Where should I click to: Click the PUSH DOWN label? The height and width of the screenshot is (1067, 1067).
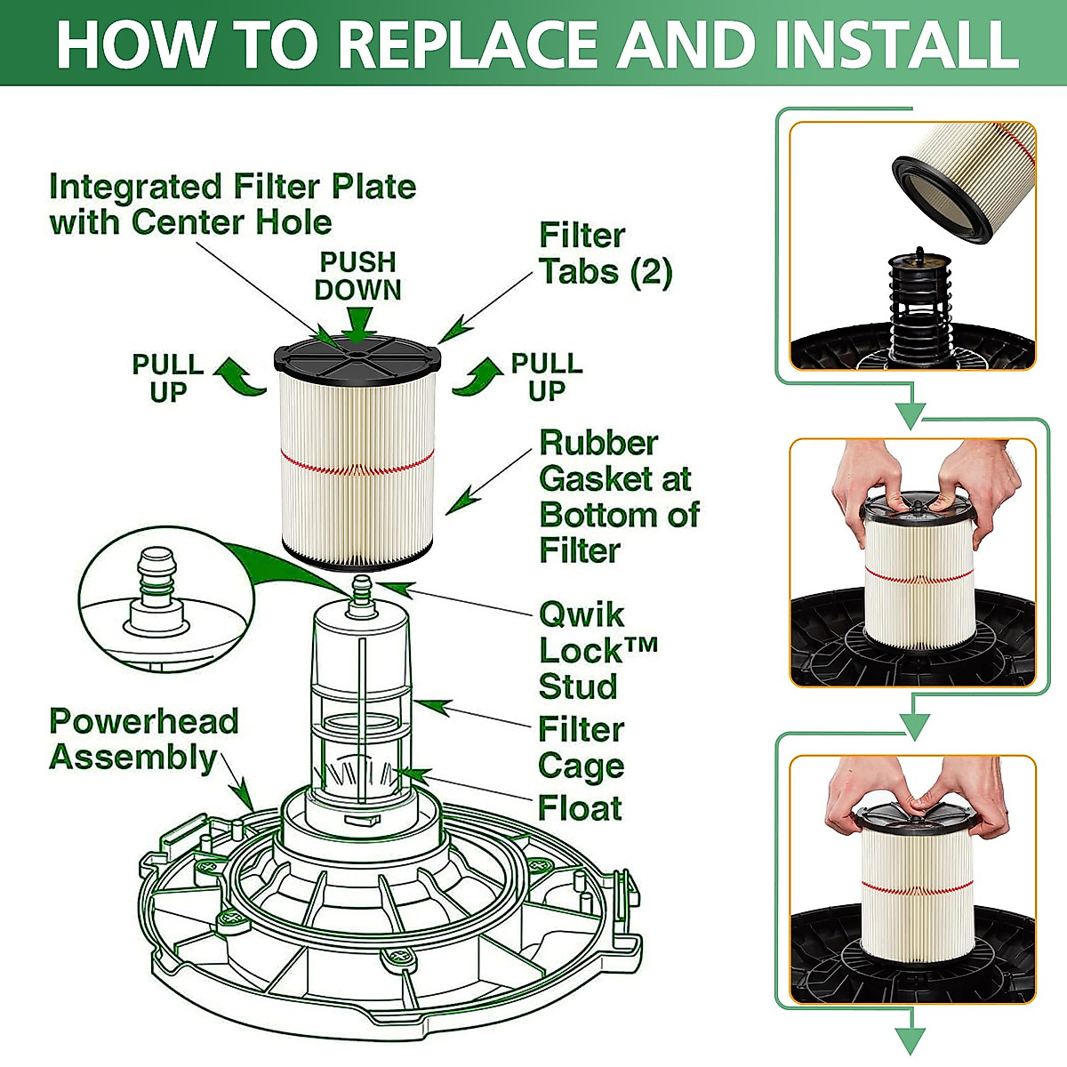(357, 276)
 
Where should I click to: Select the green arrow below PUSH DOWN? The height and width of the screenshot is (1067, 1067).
(357, 322)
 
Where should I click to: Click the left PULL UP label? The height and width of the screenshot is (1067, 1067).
(167, 378)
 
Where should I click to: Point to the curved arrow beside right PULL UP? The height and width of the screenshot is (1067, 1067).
(478, 375)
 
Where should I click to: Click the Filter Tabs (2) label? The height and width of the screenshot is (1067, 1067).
(605, 253)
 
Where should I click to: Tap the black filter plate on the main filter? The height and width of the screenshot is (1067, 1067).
(356, 356)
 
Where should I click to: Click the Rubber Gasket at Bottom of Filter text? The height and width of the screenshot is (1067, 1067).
(617, 496)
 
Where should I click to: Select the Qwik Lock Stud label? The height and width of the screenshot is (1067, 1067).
(596, 650)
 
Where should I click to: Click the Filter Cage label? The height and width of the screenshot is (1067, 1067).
(581, 747)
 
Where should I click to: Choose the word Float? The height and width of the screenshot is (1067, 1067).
(580, 808)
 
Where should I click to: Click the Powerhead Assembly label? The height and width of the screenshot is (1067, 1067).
(142, 739)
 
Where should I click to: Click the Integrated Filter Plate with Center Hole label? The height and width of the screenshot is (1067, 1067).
(231, 205)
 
